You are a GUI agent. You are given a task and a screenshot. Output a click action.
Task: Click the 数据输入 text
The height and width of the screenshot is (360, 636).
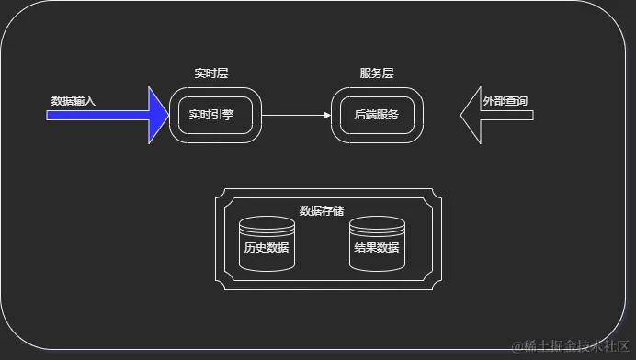coord(74,100)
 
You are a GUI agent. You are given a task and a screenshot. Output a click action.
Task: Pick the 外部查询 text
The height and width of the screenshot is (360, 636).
coord(505,100)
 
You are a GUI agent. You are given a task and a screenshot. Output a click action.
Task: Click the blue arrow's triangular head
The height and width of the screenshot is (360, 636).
coord(157,115)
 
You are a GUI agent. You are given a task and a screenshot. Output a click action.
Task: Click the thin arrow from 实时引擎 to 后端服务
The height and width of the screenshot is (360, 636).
coord(294,116)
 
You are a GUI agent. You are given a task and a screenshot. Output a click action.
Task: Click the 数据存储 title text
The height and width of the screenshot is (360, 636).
coord(322,210)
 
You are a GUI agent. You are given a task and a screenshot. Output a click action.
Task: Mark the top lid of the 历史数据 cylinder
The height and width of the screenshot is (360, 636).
coord(267,223)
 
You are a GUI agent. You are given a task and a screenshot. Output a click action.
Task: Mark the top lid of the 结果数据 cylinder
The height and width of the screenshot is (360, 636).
coord(377,223)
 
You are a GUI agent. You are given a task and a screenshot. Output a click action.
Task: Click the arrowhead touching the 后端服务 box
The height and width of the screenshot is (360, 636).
coord(326,116)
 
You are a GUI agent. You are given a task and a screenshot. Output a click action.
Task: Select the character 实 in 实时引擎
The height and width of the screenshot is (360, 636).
coord(194,115)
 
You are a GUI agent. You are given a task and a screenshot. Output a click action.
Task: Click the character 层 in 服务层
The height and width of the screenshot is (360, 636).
coord(390,73)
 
